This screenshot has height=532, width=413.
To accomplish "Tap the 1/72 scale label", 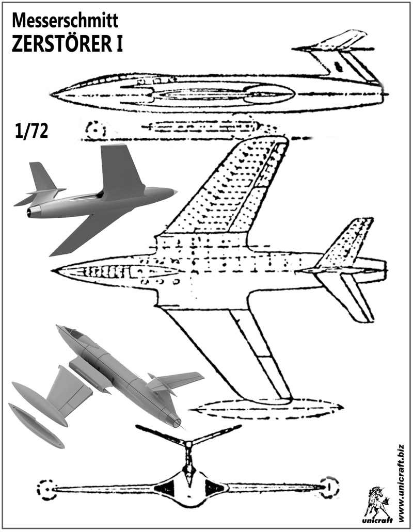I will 31,132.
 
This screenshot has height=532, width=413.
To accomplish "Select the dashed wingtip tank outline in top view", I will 266,409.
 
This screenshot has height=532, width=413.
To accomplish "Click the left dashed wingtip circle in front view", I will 47,487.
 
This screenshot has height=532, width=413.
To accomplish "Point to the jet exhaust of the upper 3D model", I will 35,211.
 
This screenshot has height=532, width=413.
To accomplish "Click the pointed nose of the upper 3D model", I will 176,192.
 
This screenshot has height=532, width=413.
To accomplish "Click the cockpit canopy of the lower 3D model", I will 72,334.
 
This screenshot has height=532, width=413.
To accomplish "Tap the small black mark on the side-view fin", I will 338,66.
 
